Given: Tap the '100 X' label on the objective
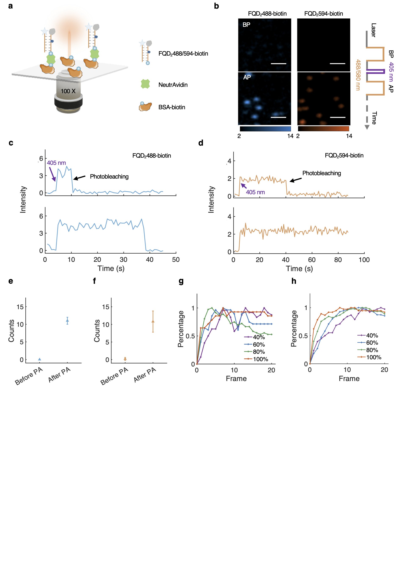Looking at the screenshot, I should coord(68,91).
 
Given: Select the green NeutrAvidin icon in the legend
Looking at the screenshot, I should coord(145,84).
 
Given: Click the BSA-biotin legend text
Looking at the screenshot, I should coord(172,107).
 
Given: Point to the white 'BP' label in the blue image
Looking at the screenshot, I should coord(246,25).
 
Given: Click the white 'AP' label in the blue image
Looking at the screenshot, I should coord(247,77).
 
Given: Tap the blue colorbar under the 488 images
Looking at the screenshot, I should coord(265,129).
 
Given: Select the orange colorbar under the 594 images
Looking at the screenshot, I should coord(323,129).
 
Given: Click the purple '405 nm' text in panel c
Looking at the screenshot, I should coord(56,163).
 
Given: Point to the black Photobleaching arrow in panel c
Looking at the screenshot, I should coord(79,178).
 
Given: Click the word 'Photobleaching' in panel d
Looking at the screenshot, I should coord(322,173).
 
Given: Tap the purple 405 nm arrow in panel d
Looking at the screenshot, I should coord(244,186).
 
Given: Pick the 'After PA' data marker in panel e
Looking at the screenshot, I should coord(67,321).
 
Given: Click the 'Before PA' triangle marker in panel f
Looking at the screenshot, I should coord(125,359).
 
